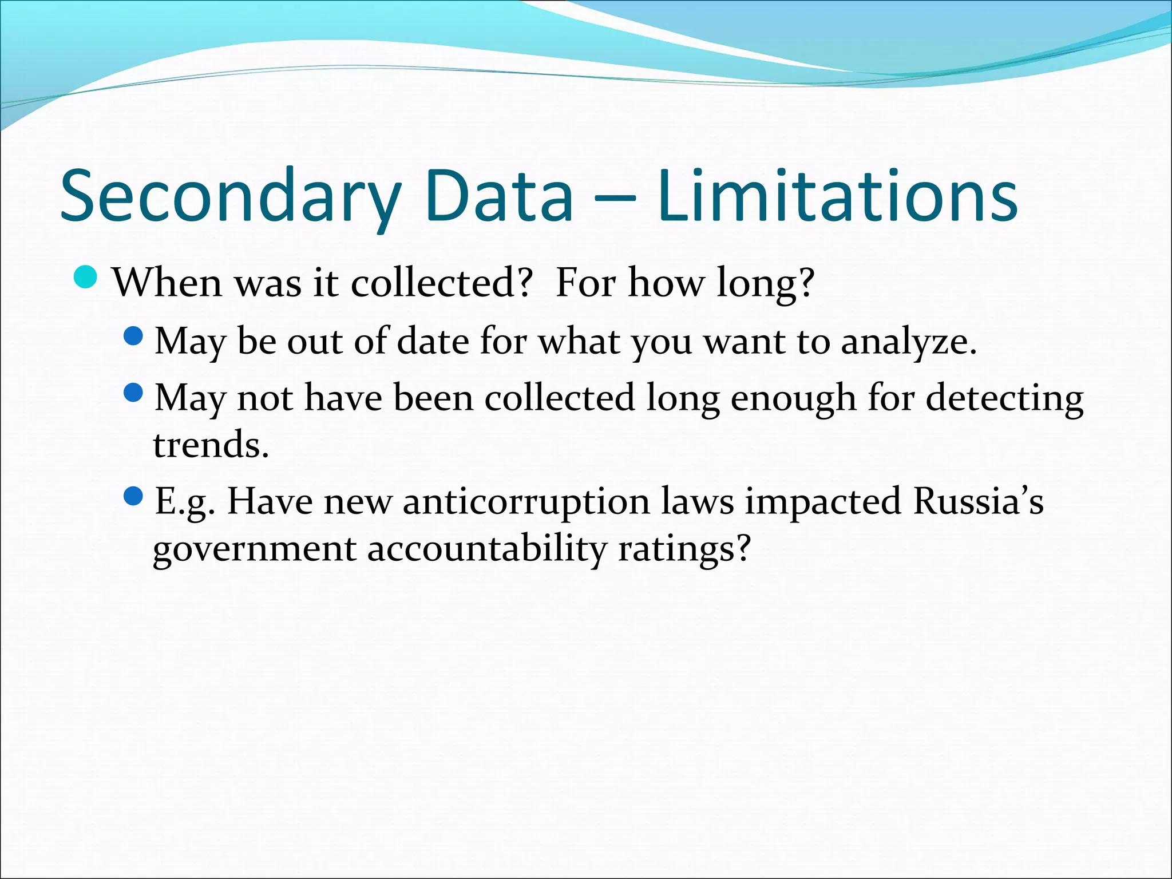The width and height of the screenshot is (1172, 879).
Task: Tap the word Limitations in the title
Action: [x=837, y=196]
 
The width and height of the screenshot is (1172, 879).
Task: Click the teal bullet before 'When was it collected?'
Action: [x=86, y=277]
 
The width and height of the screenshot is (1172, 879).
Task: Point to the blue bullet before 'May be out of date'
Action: [x=133, y=336]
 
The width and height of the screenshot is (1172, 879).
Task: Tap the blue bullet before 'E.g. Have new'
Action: [x=133, y=496]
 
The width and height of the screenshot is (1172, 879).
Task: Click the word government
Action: [x=255, y=549]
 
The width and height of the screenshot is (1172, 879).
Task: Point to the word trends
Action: [x=211, y=445]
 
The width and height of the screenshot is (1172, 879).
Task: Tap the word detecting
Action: [x=1004, y=398]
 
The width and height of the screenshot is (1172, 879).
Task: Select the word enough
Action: [x=793, y=398]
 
